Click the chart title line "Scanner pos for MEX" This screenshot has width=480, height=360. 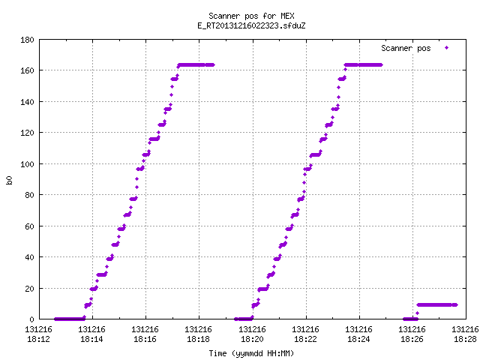(x=251, y=16)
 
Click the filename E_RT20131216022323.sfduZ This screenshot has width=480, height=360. (x=251, y=25)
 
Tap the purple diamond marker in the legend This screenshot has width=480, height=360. (x=447, y=48)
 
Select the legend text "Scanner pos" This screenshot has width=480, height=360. (x=406, y=48)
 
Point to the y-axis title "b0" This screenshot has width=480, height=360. (x=9, y=180)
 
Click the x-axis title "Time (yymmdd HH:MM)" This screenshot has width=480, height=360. (x=251, y=353)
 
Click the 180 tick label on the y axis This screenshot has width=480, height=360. (x=27, y=40)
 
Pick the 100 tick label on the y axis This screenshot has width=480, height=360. (x=27, y=164)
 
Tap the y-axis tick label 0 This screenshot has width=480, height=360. (x=31, y=319)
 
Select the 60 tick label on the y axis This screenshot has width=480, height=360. (x=29, y=226)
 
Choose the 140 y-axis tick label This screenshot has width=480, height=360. (x=27, y=102)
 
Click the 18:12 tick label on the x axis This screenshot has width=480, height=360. (x=38, y=334)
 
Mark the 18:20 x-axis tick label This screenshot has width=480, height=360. (x=252, y=334)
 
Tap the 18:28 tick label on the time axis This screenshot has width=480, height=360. (x=465, y=334)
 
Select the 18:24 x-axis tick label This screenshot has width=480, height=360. (x=358, y=334)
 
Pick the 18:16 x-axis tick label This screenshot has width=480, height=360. (x=145, y=334)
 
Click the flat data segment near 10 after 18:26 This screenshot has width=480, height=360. (x=437, y=305)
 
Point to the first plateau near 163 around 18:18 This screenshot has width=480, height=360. (x=196, y=65)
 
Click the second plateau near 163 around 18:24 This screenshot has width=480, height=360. (x=363, y=65)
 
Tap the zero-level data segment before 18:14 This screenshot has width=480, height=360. (x=70, y=319)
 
